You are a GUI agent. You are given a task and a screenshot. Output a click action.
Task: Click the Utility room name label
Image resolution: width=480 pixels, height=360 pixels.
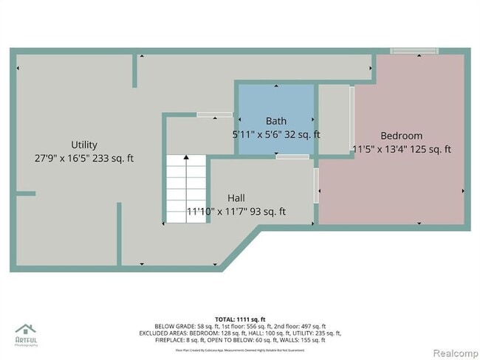coord(84,145)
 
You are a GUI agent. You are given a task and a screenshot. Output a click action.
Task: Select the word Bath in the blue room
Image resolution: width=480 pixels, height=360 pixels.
coord(276,121)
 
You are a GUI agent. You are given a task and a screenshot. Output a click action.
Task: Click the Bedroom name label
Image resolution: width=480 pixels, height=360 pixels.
coord(401,136)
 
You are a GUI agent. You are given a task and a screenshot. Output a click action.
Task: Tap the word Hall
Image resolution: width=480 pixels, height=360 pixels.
coord(236,198)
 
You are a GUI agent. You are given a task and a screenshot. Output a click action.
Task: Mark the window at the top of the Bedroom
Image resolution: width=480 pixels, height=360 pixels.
coord(414,51)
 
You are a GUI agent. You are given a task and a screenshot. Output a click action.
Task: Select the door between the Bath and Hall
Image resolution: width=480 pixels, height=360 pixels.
coord(292,156)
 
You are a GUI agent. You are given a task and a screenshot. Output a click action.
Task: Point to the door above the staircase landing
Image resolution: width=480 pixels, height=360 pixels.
coord(214,114)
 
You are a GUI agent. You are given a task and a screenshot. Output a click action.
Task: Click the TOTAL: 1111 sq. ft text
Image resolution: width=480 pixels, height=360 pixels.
coord(239,318)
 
